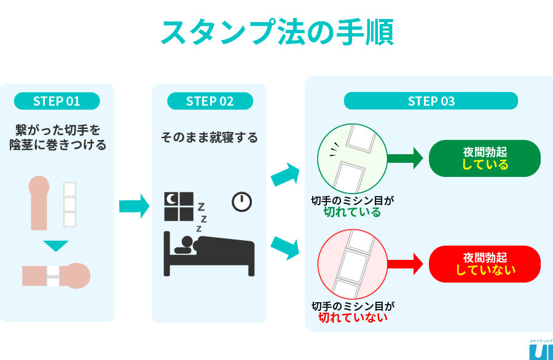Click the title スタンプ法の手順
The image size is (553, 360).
point(277,33)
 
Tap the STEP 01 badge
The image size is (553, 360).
point(57,101)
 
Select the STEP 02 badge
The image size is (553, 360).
point(210,101)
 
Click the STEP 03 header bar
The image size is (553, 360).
point(431,101)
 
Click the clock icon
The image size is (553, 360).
point(241,202)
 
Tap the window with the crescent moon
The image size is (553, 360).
point(179,206)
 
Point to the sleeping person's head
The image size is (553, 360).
point(187,242)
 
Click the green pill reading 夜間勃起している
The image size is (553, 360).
point(485,158)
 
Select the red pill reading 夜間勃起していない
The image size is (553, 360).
point(485,264)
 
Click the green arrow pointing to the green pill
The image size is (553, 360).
point(406,158)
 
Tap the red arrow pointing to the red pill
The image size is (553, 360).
point(406,264)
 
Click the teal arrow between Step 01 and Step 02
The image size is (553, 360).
point(134,206)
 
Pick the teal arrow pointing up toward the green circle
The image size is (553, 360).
point(285,174)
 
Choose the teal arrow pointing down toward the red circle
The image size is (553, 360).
point(285,248)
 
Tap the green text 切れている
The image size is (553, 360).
point(352,212)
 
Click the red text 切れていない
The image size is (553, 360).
point(353,318)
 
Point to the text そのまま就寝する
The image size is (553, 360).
point(210,137)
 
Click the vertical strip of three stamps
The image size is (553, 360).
point(69,204)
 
